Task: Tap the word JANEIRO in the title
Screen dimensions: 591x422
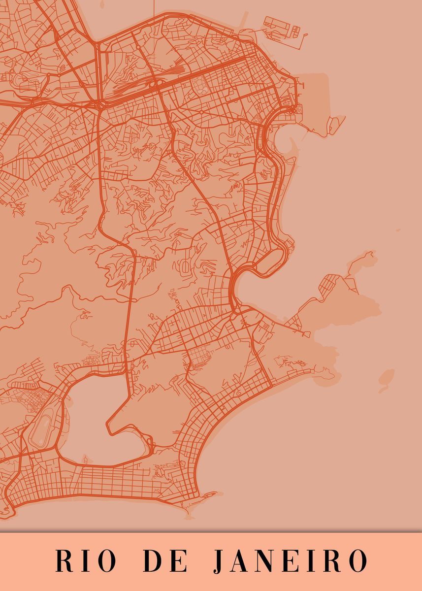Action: [291, 560]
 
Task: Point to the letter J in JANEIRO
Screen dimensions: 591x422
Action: [220, 561]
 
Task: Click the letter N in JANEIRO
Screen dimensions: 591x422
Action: [266, 560]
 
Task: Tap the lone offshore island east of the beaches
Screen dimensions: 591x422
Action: [387, 377]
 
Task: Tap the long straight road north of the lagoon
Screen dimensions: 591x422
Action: [130, 315]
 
